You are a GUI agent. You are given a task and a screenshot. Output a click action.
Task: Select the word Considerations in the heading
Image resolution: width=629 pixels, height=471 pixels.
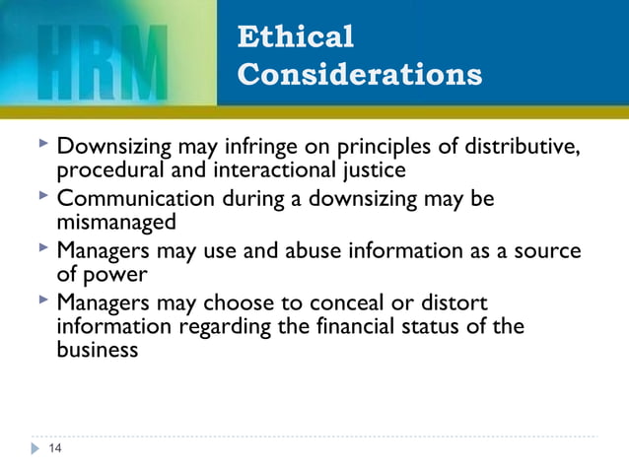(360, 75)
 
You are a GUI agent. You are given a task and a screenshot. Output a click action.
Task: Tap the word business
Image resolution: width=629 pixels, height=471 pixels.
(97, 348)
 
